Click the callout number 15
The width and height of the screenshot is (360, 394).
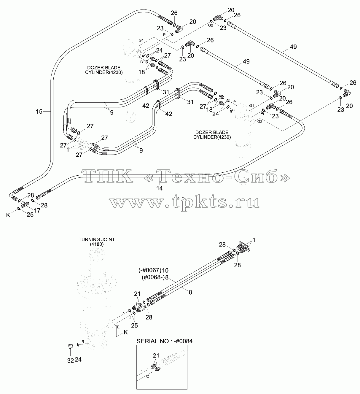pos(39,112)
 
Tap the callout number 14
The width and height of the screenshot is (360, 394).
pos(160,188)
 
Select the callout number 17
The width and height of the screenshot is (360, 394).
pos(37,211)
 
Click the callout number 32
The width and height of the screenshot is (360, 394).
pos(71,360)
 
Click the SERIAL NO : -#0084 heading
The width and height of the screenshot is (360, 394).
pos(164,341)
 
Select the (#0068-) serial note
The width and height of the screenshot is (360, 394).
pos(153,277)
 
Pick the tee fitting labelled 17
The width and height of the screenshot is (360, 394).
pos(25,204)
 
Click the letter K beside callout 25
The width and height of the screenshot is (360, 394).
pos(8,215)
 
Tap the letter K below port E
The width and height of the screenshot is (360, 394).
pos(126,332)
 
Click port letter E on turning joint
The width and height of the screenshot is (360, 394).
pos(118,327)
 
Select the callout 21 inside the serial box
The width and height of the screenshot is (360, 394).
pos(156,355)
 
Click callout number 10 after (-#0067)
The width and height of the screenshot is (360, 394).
pos(165,271)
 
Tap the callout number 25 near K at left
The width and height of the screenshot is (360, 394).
pos(30,215)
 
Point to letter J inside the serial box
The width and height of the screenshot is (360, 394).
pos(142,370)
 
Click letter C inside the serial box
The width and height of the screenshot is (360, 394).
pos(147,376)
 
